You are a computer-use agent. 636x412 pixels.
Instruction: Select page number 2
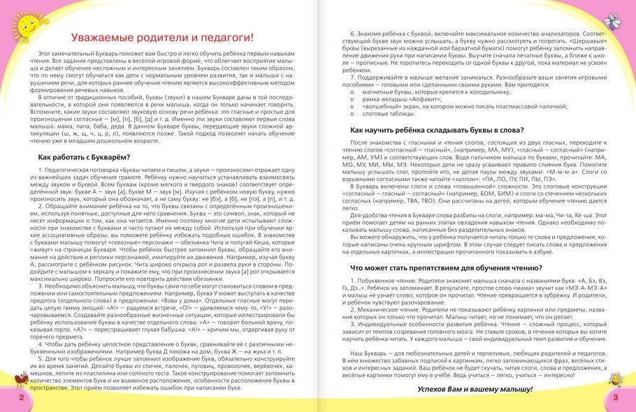(21, 397)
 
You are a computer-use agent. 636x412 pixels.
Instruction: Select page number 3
(615, 397)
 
